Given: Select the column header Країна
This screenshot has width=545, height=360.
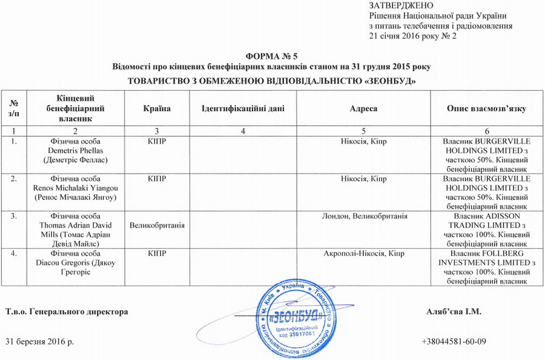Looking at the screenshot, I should click(157, 108).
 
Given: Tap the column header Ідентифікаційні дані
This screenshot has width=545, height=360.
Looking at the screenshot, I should click(242, 108).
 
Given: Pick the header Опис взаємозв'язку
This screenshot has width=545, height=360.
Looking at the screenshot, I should click(486, 108).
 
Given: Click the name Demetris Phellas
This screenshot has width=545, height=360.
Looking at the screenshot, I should click(76, 150).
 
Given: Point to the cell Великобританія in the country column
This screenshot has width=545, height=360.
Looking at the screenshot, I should click(157, 225).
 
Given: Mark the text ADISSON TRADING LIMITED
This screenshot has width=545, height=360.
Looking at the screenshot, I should click(486, 220).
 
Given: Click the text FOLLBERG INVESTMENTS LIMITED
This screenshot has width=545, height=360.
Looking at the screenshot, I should click(486, 255).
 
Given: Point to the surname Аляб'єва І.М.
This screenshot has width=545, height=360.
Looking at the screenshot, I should click(454, 312).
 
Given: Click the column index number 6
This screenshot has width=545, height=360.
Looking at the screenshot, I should click(486, 131).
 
